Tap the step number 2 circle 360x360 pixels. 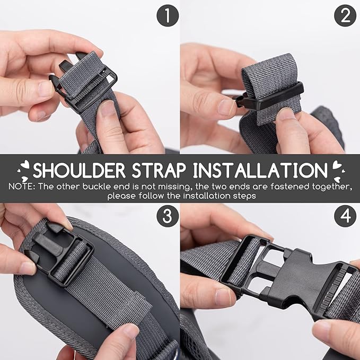[345, 17]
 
